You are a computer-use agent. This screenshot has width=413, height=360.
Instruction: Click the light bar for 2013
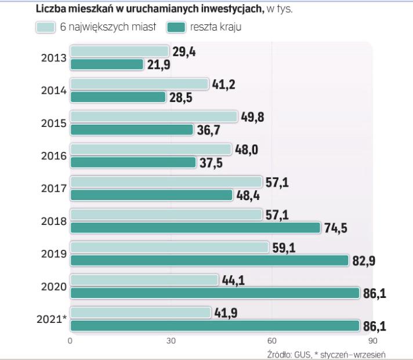119,52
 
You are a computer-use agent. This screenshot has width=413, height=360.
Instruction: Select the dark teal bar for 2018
195,227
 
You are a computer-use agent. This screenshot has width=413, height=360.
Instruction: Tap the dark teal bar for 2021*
215,325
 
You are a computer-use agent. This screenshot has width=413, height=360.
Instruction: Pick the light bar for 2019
169,248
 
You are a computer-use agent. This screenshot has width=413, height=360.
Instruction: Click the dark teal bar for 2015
131,129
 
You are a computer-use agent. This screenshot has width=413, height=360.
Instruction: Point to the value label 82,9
364,260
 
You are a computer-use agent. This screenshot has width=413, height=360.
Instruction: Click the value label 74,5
335,228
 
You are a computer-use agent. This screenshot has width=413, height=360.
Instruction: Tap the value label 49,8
253,117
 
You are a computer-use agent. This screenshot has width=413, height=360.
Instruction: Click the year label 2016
53,156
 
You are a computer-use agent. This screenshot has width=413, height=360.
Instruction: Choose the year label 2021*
50,318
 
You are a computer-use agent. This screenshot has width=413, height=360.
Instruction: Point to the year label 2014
53,91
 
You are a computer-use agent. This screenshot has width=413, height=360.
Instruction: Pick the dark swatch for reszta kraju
176,27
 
